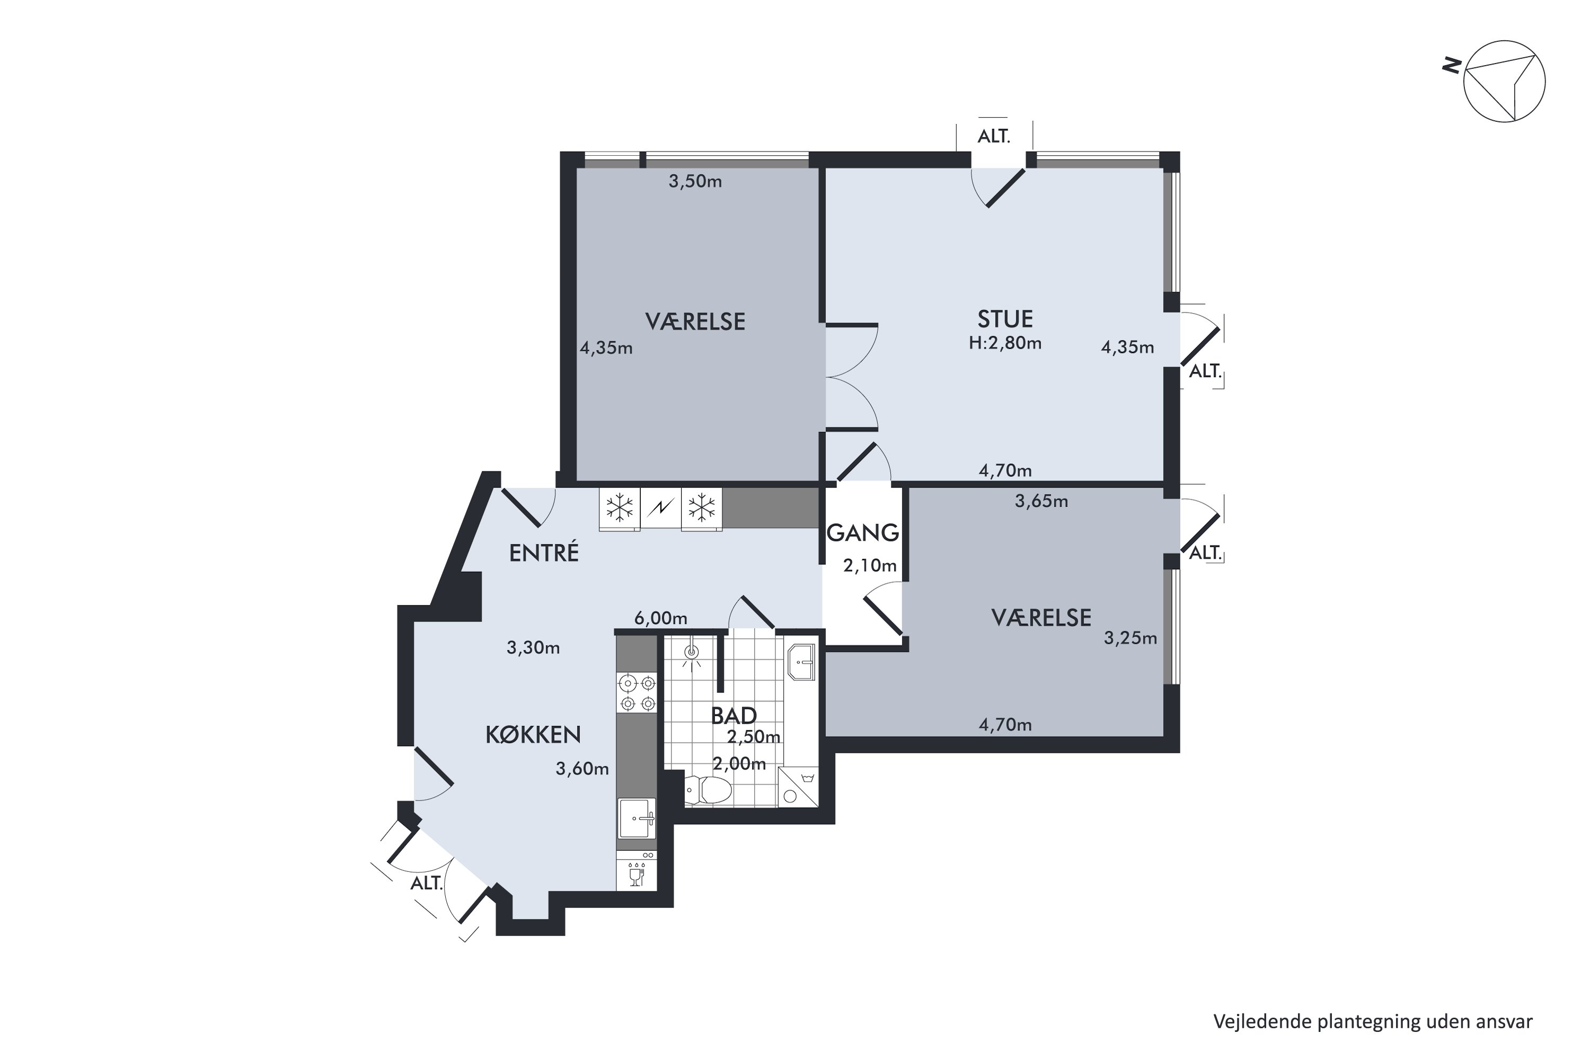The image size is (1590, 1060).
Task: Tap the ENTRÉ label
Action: point(544,553)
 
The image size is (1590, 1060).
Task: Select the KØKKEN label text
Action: point(533,735)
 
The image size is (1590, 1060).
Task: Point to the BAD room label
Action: point(734,715)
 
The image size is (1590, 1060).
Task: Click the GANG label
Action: point(863,533)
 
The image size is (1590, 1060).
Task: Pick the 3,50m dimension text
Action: point(695,181)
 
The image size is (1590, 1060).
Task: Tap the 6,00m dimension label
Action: point(660,618)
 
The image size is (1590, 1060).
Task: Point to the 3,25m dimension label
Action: point(1130,638)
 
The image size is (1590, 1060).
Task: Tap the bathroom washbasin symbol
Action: point(802,662)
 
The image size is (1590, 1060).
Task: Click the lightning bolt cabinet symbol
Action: point(660,508)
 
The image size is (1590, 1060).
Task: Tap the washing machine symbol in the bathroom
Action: point(798,788)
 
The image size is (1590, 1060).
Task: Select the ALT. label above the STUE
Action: point(994,137)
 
